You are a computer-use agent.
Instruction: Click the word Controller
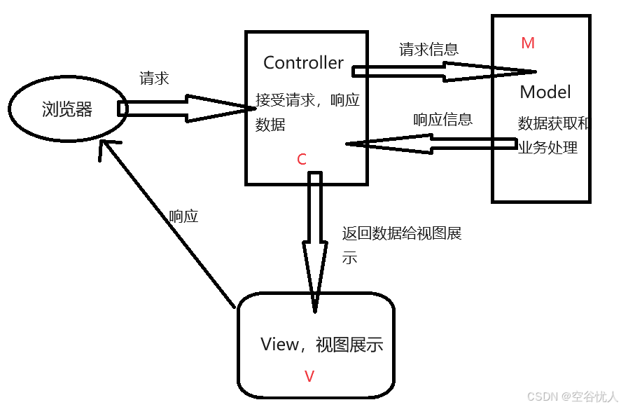[x=303, y=63]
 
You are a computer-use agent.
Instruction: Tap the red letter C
[x=302, y=160]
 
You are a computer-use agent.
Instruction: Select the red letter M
[x=528, y=43]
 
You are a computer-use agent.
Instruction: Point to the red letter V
[x=309, y=377]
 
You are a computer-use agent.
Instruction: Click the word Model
[x=545, y=92]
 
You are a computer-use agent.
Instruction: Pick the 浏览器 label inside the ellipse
[x=67, y=109]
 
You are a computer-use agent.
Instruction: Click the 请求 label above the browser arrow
[x=154, y=78]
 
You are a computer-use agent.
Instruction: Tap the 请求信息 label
[x=428, y=50]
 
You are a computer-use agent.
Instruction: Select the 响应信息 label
[x=442, y=119]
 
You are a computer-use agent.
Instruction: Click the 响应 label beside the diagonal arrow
[x=183, y=216]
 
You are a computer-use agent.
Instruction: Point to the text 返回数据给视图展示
[x=401, y=234]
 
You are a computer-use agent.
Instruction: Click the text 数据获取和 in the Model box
[x=554, y=125]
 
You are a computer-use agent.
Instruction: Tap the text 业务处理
[x=547, y=148]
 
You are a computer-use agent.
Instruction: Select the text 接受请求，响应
[x=307, y=100]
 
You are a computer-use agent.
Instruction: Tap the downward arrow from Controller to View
[x=315, y=238]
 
